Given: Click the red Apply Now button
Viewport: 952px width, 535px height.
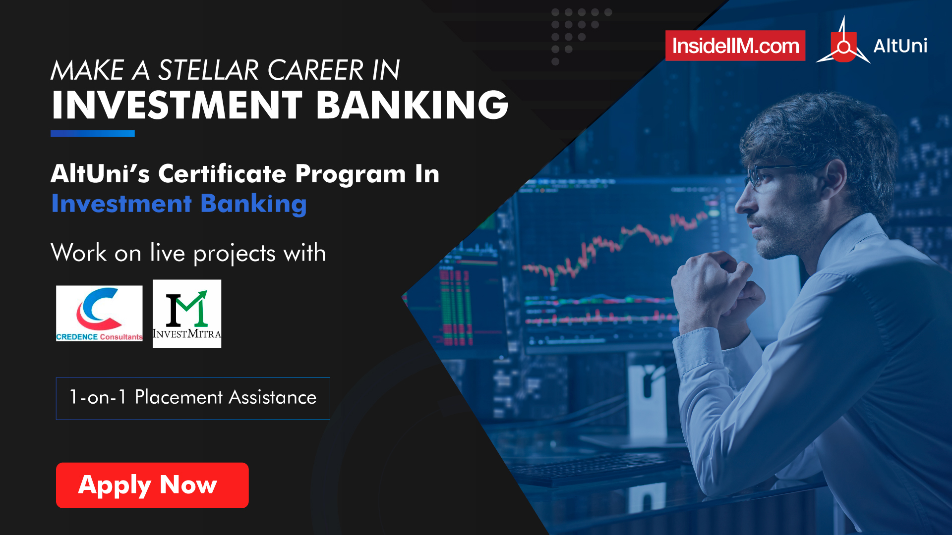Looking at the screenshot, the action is tap(152, 485).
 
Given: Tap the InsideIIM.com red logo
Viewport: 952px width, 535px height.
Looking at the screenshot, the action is tap(735, 46).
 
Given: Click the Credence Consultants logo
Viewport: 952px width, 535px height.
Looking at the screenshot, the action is tap(99, 313).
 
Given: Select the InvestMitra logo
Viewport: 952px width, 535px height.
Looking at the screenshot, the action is tap(187, 314).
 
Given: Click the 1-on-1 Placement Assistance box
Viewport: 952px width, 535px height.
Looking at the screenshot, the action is tap(193, 398).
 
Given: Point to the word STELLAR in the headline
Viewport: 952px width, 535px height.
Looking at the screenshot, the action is tap(211, 70).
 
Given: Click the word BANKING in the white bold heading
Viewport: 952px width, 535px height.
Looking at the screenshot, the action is tap(413, 105).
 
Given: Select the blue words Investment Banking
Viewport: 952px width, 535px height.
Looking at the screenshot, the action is tap(179, 204).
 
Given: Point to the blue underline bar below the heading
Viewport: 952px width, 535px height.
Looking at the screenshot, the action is tap(93, 133).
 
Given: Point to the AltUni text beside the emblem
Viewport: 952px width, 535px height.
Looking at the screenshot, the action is tap(900, 46).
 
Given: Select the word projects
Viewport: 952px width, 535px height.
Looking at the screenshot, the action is tap(234, 254).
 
